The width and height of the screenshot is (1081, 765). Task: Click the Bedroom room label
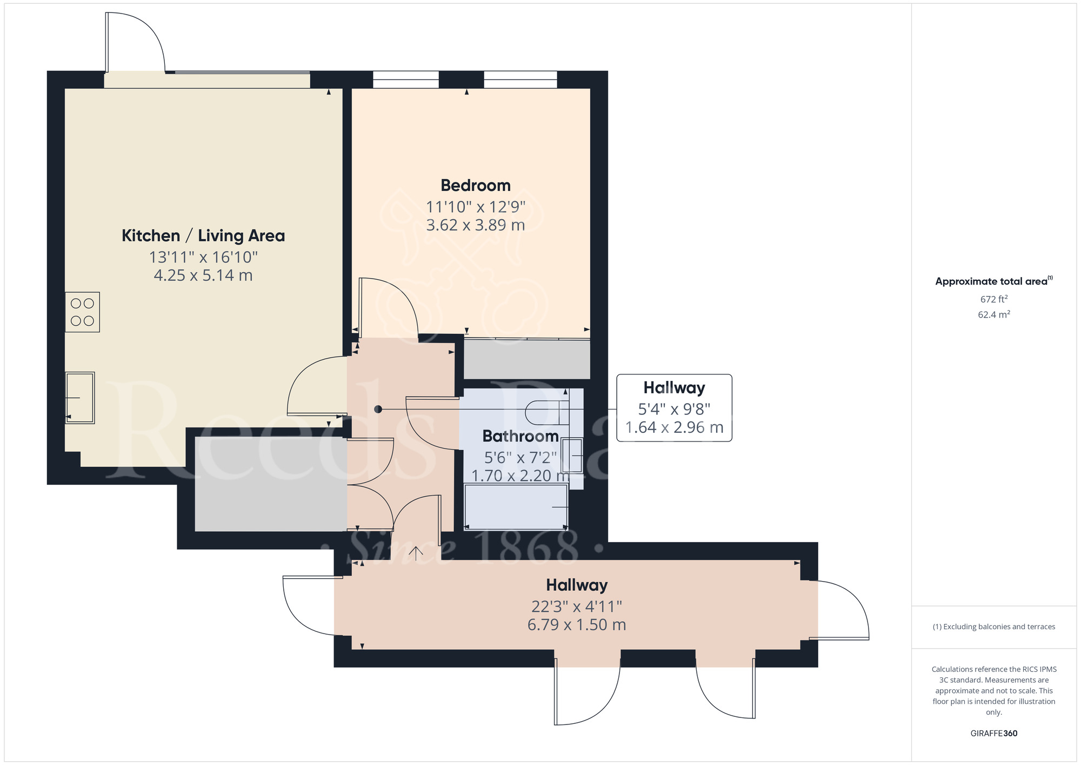(475, 186)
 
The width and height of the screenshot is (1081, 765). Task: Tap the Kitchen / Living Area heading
(203, 236)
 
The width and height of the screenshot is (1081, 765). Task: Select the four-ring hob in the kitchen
(82, 312)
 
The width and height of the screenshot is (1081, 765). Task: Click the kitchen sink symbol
(79, 398)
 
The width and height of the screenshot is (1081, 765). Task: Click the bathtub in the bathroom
(516, 507)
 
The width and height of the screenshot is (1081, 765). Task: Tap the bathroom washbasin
(572, 456)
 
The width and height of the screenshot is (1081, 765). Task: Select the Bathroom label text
(520, 436)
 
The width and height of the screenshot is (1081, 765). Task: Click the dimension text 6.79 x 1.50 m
(576, 625)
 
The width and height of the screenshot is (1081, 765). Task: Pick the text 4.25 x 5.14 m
(203, 275)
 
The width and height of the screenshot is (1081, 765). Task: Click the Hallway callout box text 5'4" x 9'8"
(674, 409)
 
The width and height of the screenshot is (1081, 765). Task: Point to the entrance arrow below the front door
(415, 553)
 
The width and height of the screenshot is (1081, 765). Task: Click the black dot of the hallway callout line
(378, 410)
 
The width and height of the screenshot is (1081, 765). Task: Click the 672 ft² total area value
(993, 299)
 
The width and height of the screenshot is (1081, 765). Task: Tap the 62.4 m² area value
(993, 314)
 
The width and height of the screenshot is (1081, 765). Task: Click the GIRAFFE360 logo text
(993, 734)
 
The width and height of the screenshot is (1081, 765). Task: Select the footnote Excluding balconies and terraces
(993, 627)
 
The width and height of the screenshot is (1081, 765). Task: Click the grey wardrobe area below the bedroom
(526, 359)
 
